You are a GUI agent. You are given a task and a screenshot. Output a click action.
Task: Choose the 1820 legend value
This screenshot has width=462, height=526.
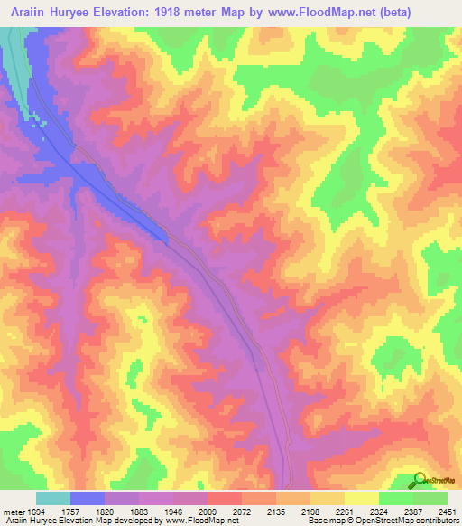(x=122, y=512)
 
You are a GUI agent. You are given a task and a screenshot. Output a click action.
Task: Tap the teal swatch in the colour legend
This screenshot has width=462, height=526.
(x=53, y=498)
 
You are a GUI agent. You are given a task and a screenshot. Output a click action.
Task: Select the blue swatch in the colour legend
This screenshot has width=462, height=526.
(x=88, y=498)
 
